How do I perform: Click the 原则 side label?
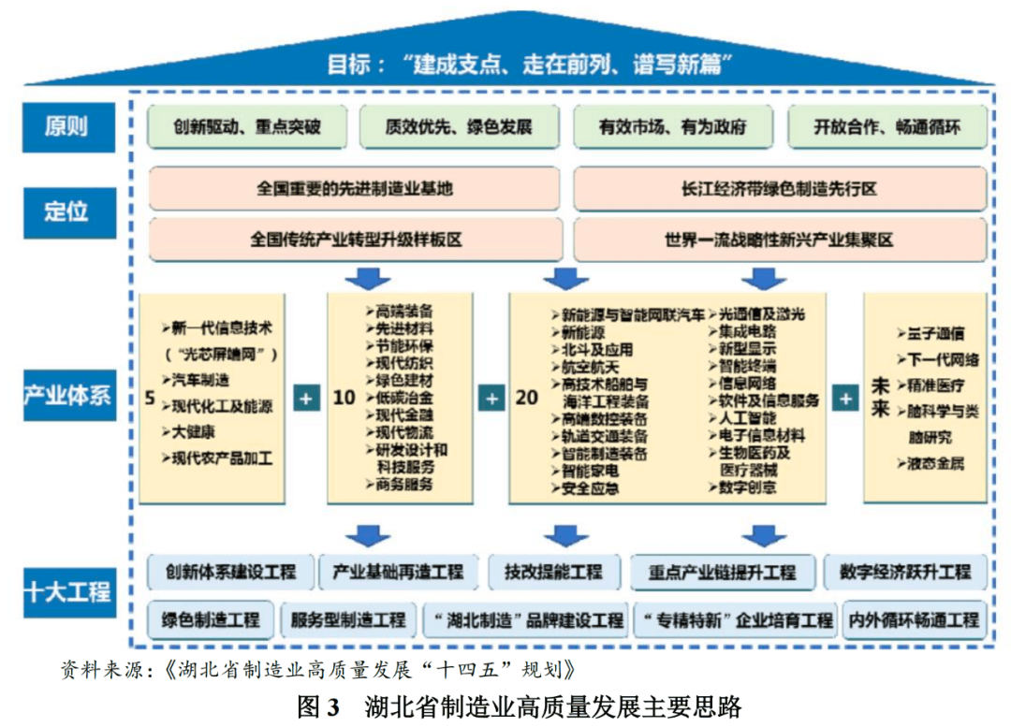pyautogui.click(x=66, y=126)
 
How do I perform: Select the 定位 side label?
pyautogui.click(x=66, y=211)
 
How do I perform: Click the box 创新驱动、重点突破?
pyautogui.click(x=247, y=127)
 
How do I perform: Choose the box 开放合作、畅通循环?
pyautogui.click(x=886, y=127)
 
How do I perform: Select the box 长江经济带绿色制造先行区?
pyautogui.click(x=779, y=189)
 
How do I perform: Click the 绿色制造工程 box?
pyautogui.click(x=211, y=619)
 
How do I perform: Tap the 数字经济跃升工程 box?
pyautogui.click(x=904, y=571)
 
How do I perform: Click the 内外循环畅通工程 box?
pyautogui.click(x=913, y=619)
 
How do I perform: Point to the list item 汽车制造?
pyautogui.click(x=200, y=380)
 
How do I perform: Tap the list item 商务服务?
pyautogui.click(x=403, y=484)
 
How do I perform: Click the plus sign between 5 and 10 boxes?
pyautogui.click(x=305, y=398)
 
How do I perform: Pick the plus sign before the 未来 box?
pyautogui.click(x=845, y=398)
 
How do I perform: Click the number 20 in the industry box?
pyautogui.click(x=527, y=398)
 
